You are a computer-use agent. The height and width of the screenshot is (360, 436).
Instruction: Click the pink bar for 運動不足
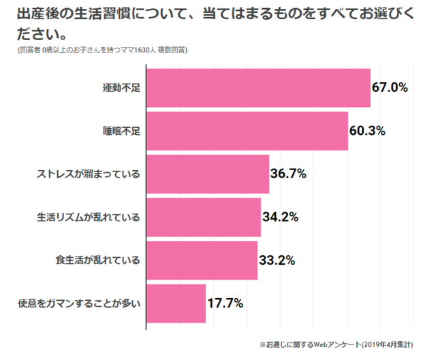[x=258, y=88]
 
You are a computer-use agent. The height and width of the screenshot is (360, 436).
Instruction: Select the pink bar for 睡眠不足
[x=247, y=131]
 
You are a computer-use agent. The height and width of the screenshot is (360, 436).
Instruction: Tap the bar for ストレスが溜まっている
[x=208, y=174]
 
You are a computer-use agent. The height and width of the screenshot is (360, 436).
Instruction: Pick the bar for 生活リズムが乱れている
[x=204, y=217]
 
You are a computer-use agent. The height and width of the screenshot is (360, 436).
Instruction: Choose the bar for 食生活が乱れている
[x=202, y=260]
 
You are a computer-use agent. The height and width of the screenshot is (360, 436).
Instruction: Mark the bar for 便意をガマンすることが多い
[x=176, y=304]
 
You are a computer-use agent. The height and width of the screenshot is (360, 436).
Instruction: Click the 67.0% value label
[x=390, y=88]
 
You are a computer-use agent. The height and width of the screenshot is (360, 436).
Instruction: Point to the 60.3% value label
[x=367, y=131]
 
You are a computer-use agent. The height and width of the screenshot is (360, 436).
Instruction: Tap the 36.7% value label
[x=288, y=174]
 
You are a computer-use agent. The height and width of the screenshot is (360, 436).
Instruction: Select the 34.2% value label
[x=280, y=217]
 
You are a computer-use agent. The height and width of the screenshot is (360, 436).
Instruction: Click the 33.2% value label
[x=277, y=260]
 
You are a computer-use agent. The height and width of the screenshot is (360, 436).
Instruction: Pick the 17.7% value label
[x=225, y=304]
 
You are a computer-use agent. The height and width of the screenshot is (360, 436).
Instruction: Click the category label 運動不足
[x=121, y=88]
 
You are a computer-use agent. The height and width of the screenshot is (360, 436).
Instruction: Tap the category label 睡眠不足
[x=121, y=131]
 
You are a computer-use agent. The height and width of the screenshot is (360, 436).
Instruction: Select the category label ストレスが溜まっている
[x=89, y=174]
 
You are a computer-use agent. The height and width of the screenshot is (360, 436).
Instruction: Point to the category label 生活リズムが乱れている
[x=89, y=218]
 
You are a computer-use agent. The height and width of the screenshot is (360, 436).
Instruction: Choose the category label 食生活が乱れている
[x=97, y=261]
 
